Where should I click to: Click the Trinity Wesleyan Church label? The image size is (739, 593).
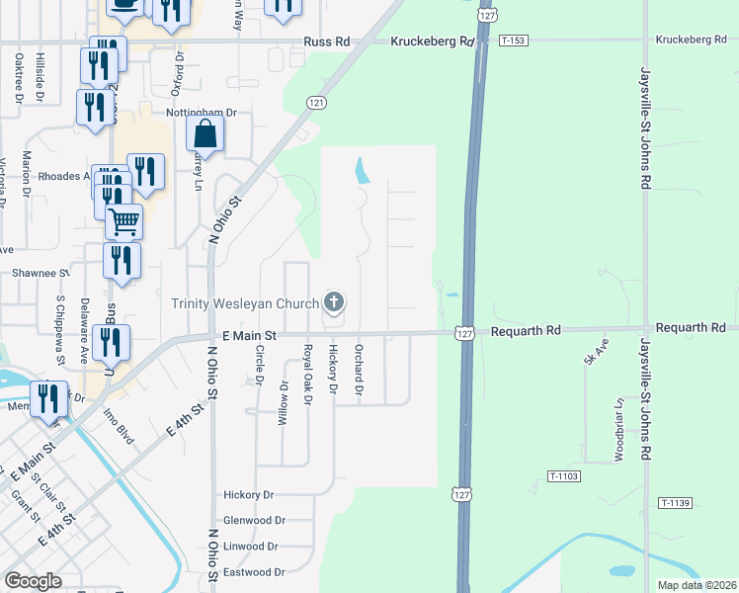(x=245, y=303)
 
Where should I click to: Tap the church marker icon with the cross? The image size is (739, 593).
(x=334, y=301)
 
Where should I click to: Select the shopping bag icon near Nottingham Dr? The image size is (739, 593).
(x=205, y=135)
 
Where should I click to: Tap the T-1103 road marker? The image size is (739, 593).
(x=562, y=476)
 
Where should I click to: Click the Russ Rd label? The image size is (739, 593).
(x=327, y=42)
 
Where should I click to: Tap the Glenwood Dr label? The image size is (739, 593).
(x=254, y=520)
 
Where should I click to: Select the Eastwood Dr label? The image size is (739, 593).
(x=254, y=572)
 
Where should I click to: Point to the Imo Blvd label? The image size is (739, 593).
(x=118, y=427)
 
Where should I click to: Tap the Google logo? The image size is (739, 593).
(x=33, y=581)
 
